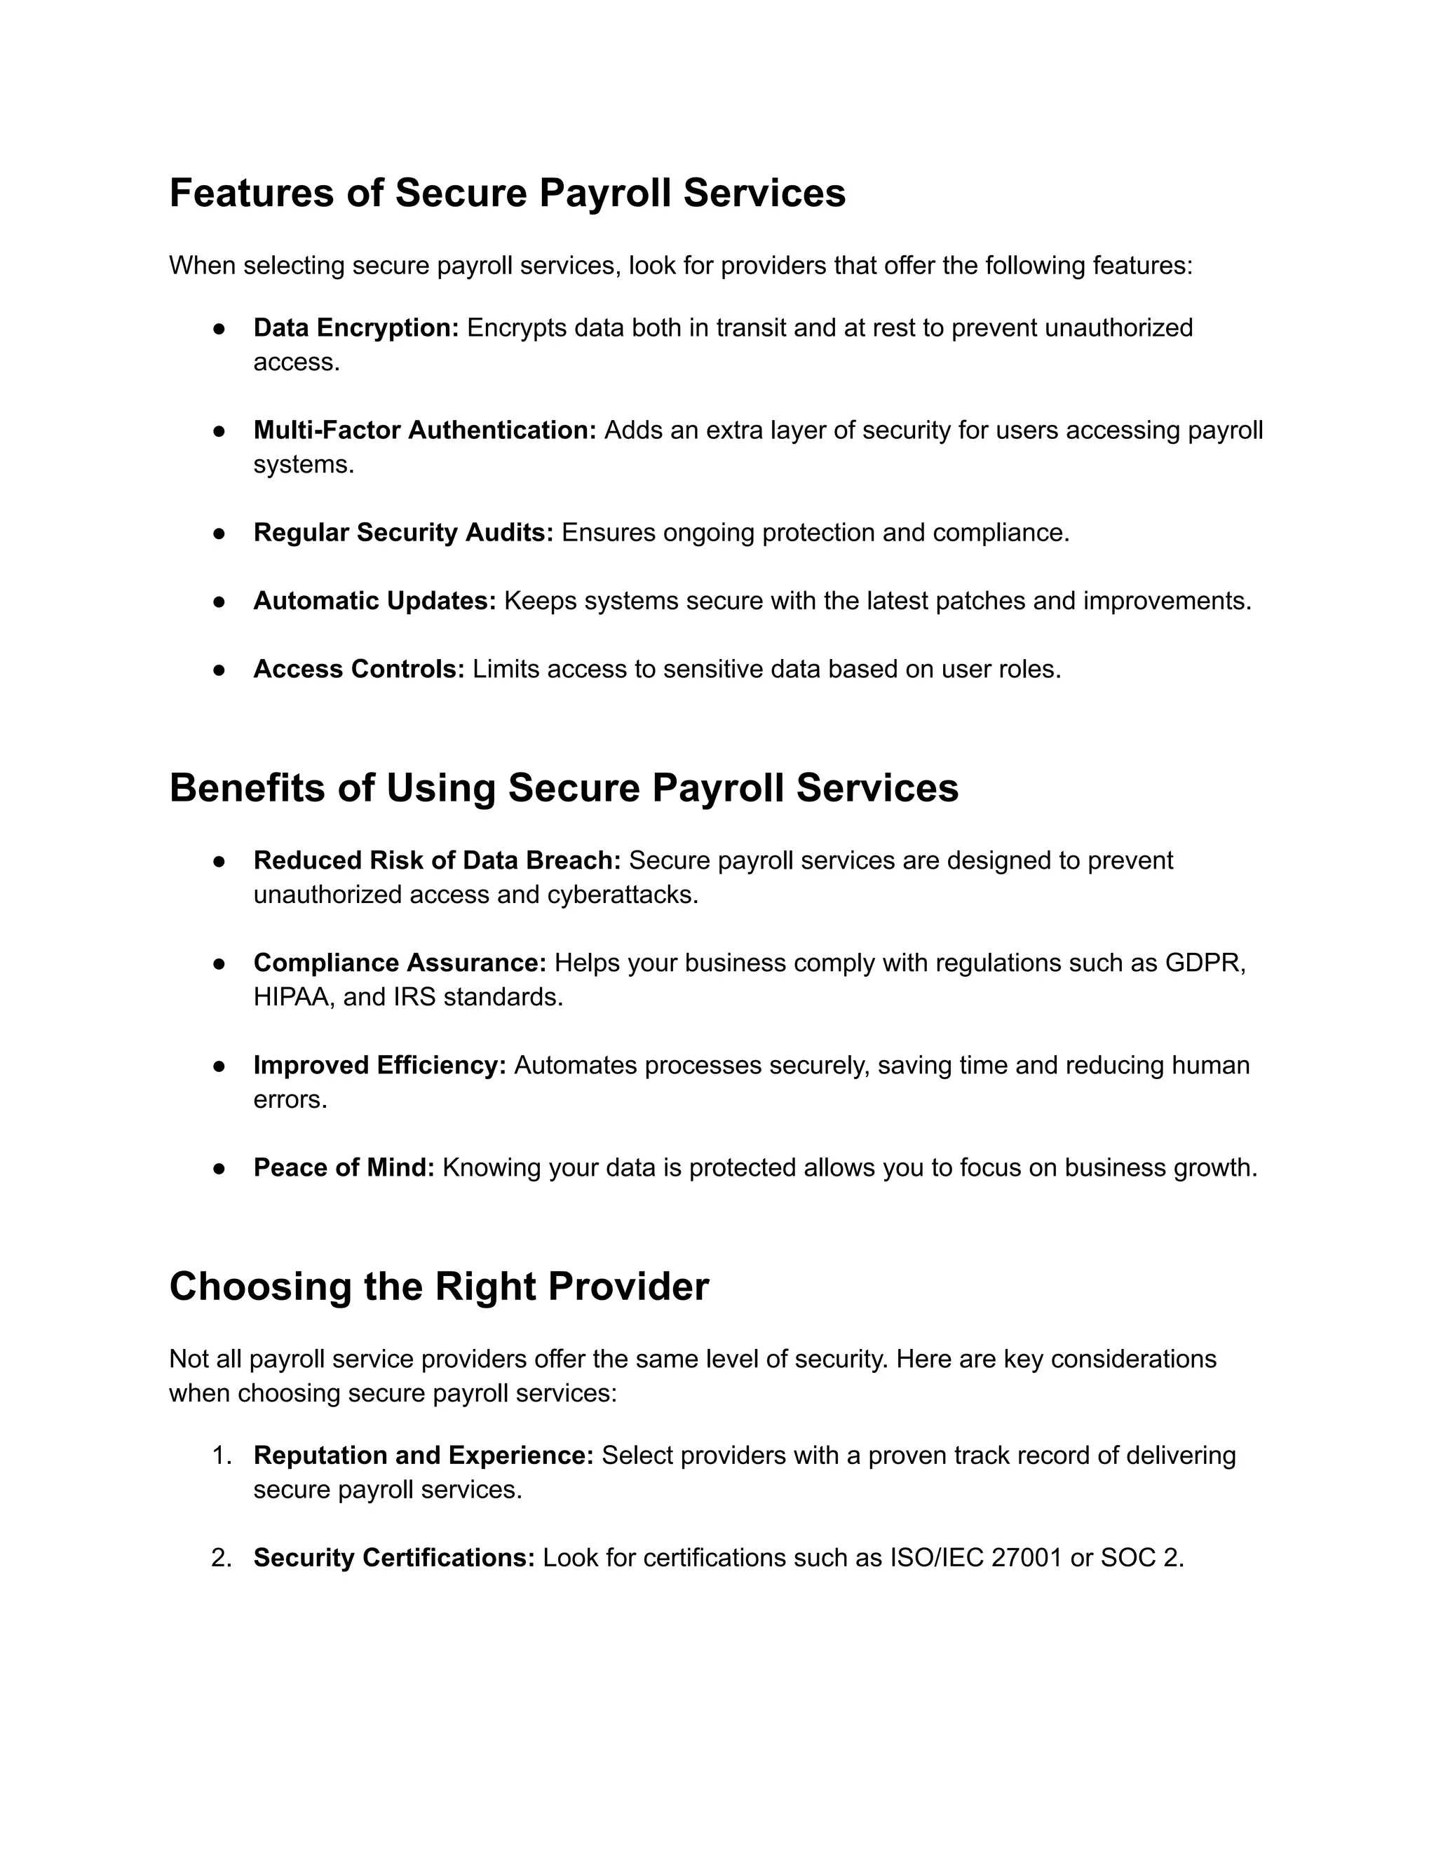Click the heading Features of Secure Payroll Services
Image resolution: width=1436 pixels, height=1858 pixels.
507,193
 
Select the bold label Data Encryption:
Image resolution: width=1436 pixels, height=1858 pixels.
355,327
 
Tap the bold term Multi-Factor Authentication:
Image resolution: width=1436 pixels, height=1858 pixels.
424,430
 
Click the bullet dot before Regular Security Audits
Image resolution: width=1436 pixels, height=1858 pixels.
219,534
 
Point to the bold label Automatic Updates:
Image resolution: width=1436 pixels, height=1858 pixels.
374,602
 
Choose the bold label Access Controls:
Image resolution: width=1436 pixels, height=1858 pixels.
359,670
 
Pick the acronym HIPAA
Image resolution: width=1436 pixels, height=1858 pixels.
292,997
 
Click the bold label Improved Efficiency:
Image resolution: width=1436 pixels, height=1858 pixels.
379,1066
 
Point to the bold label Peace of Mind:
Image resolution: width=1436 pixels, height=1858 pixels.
344,1168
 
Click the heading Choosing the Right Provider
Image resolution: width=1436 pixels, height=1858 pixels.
438,1287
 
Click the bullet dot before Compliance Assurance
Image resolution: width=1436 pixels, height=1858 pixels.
219,964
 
